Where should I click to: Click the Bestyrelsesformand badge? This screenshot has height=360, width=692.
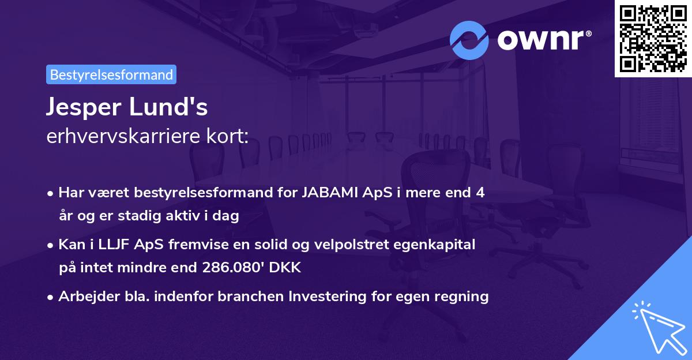click(111, 74)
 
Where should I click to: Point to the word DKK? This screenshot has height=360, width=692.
click(285, 268)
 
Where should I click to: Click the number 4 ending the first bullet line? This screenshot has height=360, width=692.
click(480, 193)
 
